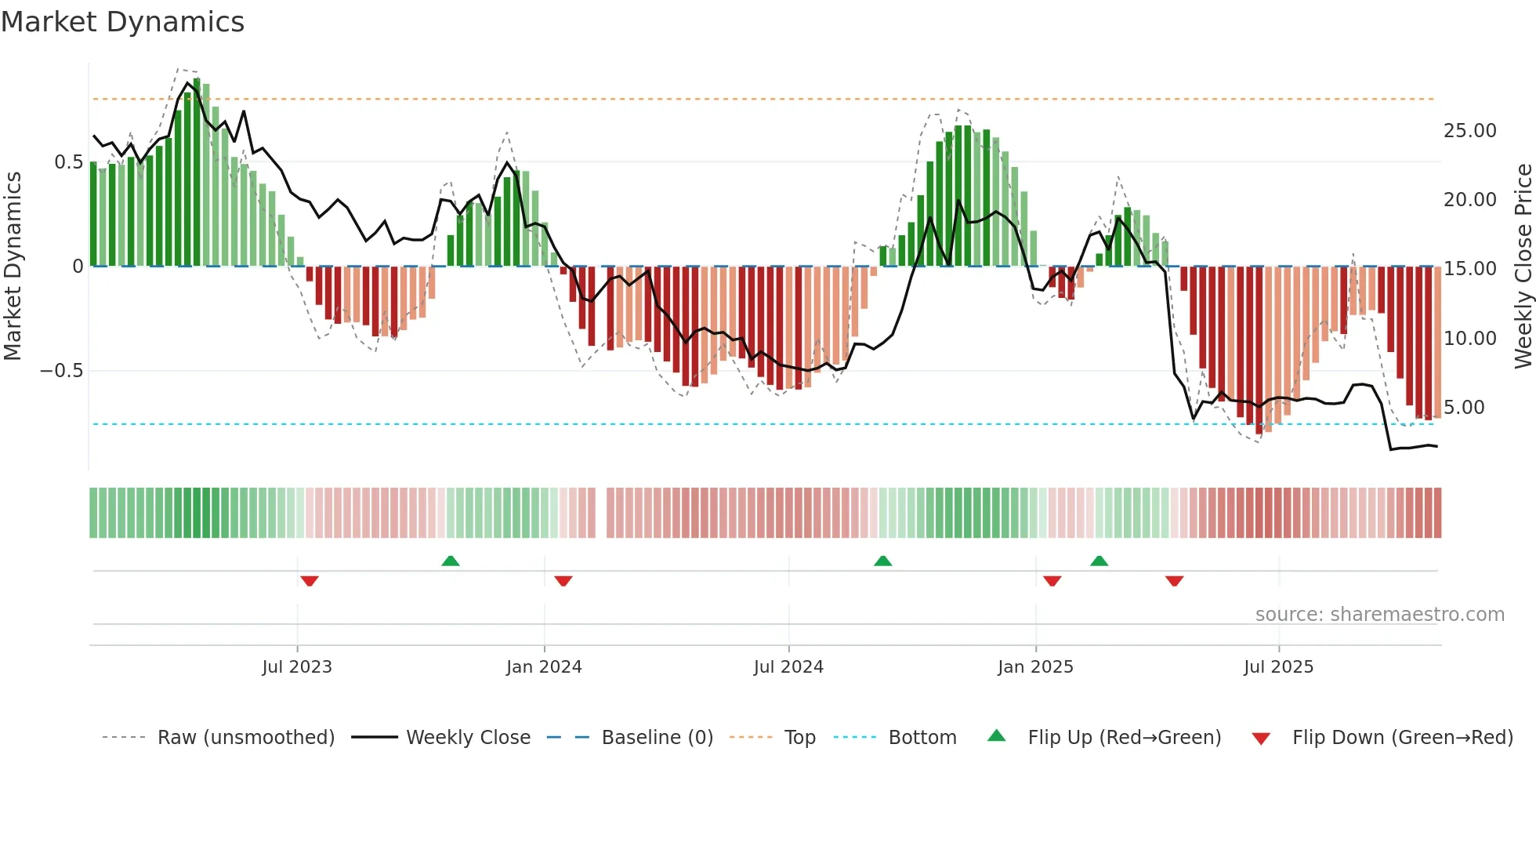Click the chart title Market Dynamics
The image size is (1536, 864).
[x=122, y=22]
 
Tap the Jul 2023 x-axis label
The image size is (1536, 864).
[x=297, y=667]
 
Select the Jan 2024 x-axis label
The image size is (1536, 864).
[x=544, y=667]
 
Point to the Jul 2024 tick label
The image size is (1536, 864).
[x=788, y=667]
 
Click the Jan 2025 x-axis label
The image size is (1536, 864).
[x=1035, y=667]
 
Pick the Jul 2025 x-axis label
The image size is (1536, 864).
[x=1278, y=667]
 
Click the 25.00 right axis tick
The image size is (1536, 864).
[x=1469, y=131]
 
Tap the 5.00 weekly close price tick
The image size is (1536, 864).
[x=1464, y=408]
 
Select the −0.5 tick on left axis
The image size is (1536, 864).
[x=61, y=371]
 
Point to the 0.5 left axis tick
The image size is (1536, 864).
[x=68, y=162]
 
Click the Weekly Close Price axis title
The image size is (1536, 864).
[x=1523, y=267]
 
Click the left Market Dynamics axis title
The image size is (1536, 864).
[x=13, y=267]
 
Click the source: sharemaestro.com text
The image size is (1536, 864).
[x=1379, y=615]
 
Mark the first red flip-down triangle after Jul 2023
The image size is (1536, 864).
[x=310, y=581]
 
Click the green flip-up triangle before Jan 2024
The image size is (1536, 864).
[x=451, y=561]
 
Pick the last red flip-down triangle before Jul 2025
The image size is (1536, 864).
[x=1174, y=581]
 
